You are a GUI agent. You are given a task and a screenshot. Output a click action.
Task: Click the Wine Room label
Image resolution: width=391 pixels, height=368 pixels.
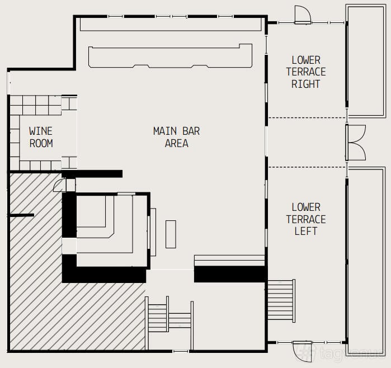point(41,137)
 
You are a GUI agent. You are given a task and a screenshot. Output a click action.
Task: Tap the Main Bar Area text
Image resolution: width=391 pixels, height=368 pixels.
point(176,137)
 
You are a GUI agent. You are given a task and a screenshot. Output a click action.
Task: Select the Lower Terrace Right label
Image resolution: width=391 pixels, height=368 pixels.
point(306,72)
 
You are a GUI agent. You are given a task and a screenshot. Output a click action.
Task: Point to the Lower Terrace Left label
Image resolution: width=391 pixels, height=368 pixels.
point(306,219)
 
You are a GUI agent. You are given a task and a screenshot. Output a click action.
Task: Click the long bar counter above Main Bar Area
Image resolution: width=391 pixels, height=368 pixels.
point(170,56)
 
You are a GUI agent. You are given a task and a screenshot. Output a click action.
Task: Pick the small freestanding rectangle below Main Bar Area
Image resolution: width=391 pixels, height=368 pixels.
point(171,234)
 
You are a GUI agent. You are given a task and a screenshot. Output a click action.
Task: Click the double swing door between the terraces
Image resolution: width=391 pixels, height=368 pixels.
point(356,143)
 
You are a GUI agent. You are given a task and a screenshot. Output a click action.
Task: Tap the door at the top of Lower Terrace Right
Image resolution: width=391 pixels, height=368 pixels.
point(303,15)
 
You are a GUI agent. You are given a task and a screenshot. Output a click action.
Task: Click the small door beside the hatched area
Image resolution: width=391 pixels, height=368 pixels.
point(60,185)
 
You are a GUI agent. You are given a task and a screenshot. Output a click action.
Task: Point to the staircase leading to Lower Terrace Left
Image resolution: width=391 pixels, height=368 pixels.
point(281,301)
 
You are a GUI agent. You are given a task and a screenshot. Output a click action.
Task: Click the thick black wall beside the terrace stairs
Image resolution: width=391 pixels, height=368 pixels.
point(229,274)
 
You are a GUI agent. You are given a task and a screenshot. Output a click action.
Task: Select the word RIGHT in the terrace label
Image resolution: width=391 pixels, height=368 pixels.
point(306,84)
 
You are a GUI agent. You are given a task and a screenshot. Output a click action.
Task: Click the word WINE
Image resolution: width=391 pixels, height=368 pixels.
point(41,131)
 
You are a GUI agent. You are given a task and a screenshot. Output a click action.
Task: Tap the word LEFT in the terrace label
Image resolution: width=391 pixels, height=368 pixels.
point(306,231)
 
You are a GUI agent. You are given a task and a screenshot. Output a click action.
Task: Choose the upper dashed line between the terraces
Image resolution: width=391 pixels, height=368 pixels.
point(307,117)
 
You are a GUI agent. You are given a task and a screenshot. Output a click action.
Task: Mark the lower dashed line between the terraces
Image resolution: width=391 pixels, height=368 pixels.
point(307,167)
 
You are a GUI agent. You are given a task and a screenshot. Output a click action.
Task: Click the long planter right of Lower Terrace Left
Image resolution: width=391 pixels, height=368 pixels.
point(366,260)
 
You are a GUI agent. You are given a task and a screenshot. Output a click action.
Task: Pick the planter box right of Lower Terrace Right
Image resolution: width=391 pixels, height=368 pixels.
point(366,61)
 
